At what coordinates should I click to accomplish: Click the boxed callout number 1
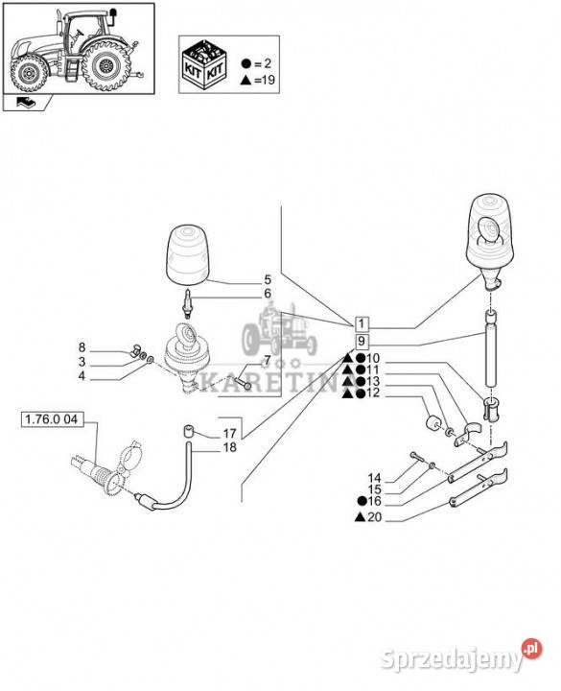[362, 324]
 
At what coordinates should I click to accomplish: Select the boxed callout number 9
[362, 341]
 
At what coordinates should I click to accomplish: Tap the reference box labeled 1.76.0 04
[52, 419]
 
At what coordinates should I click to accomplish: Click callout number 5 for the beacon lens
[268, 279]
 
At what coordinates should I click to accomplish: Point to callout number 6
[268, 294]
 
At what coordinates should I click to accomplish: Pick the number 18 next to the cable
[230, 447]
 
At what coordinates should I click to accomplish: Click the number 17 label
[230, 433]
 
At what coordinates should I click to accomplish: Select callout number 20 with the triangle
[368, 517]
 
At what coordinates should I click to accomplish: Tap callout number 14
[374, 478]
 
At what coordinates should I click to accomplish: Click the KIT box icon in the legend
[204, 64]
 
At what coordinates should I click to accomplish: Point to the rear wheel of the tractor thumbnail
[106, 66]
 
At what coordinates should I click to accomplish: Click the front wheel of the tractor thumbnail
[28, 72]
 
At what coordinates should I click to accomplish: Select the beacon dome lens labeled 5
[187, 253]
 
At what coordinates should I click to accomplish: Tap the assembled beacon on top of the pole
[490, 241]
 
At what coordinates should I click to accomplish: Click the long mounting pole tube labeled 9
[491, 348]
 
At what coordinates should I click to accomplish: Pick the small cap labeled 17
[189, 432]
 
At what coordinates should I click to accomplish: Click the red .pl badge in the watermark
[532, 649]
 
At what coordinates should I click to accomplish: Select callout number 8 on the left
[82, 347]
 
